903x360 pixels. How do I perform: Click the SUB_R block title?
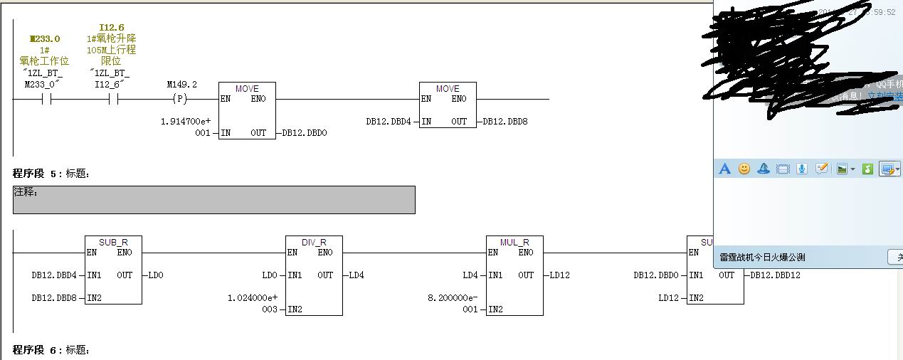click(x=113, y=242)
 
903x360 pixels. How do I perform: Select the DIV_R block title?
click(x=314, y=242)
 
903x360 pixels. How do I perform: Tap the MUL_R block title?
click(x=514, y=242)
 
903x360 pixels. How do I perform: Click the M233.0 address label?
click(x=45, y=39)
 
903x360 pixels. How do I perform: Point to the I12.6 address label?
click(x=112, y=28)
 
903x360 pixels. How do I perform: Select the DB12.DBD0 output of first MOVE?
click(x=305, y=133)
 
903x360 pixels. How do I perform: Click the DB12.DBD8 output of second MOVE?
click(x=505, y=122)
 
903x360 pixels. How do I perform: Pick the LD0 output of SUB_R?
click(x=155, y=275)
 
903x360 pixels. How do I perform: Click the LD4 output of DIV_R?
click(x=356, y=275)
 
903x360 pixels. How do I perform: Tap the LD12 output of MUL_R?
click(x=559, y=275)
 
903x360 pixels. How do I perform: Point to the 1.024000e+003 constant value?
click(x=253, y=303)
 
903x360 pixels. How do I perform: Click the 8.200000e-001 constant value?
click(x=453, y=303)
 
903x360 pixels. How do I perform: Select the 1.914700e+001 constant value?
click(x=186, y=127)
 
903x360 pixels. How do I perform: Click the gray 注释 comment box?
click(x=213, y=200)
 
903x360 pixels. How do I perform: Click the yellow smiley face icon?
click(x=744, y=169)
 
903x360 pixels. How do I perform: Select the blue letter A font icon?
click(x=724, y=169)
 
